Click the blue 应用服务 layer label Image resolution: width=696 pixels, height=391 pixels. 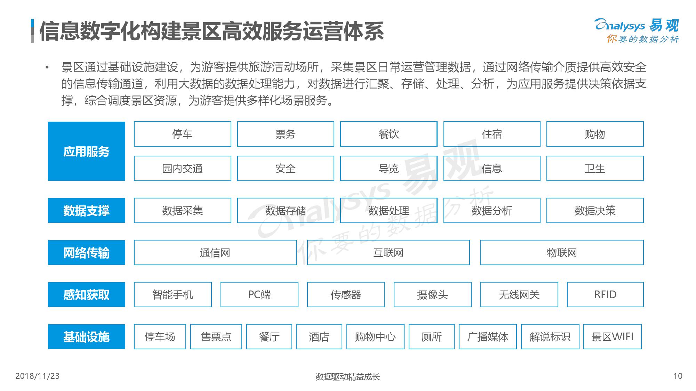coord(87,151)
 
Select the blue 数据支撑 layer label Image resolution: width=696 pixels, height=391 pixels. coord(87,210)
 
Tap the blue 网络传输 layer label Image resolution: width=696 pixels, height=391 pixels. coord(87,252)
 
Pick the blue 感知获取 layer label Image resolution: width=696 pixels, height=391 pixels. coord(87,294)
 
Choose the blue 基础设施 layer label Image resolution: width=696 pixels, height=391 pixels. coord(87,336)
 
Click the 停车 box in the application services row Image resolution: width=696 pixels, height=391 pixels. coord(183,134)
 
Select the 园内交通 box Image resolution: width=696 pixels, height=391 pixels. coord(183,168)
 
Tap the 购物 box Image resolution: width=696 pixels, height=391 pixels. coord(595,134)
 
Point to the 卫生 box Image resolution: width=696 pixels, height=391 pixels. coord(595,168)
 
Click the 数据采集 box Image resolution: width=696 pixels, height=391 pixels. coord(183,210)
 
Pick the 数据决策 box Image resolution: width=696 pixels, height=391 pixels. coord(595,210)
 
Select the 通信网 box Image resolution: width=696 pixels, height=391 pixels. coord(215,252)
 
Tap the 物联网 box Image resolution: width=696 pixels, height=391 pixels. coord(562,252)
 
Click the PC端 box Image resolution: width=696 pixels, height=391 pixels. coord(259,294)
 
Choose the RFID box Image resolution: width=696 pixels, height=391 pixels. coord(605,294)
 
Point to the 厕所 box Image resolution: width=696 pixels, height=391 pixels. coord(432,336)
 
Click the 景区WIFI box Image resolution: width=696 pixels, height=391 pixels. coord(613,336)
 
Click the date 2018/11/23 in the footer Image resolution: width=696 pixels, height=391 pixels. coord(38,376)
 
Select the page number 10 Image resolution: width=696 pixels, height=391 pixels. coord(678,376)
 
